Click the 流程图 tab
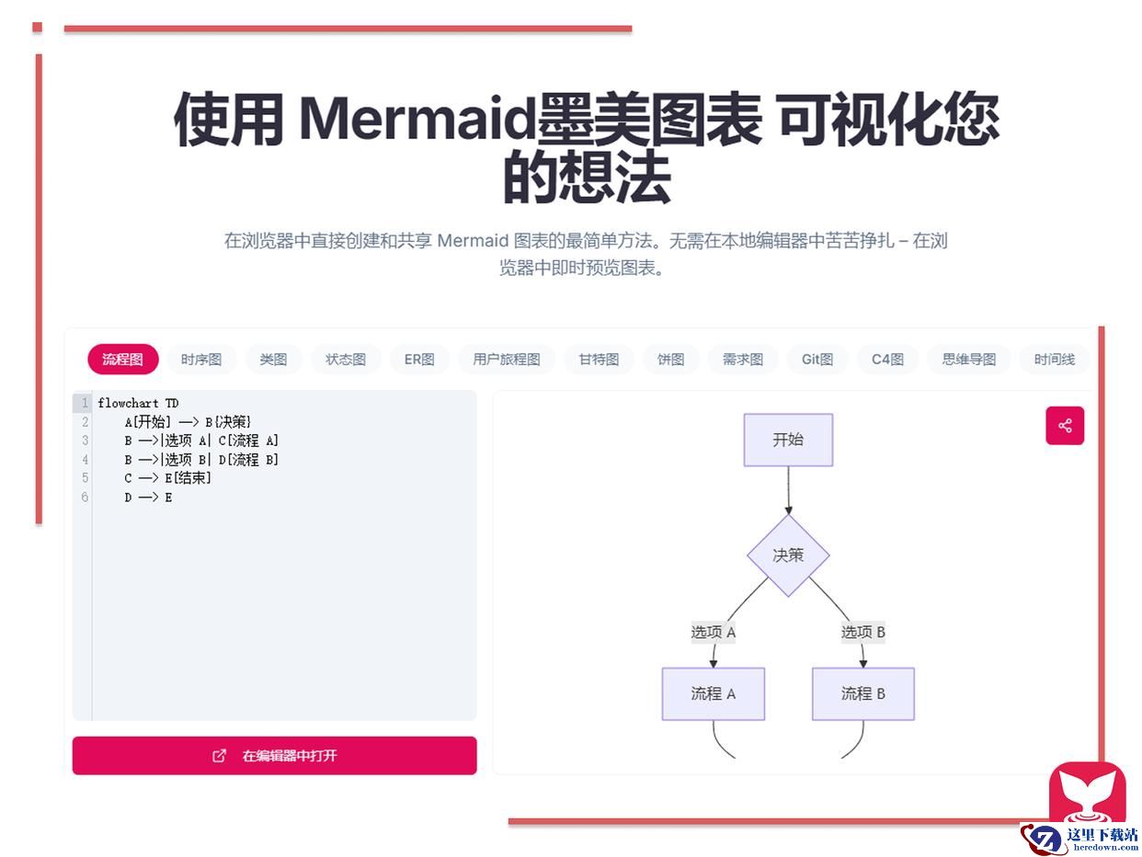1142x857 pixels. click(x=123, y=359)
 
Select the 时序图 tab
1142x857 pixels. click(x=201, y=359)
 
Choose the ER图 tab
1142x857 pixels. click(x=419, y=359)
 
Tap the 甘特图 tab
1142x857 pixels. click(x=599, y=359)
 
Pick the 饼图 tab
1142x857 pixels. click(x=670, y=359)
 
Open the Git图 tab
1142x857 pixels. click(x=817, y=359)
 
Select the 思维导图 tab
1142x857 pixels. click(x=969, y=359)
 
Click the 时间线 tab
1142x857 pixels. click(x=1054, y=359)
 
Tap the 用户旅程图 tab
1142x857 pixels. click(x=507, y=359)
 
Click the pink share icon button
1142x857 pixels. click(x=1065, y=426)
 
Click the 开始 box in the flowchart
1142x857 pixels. click(x=788, y=440)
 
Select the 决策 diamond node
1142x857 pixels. click(x=788, y=555)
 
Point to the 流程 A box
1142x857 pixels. click(x=714, y=693)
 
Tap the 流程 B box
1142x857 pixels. click(x=863, y=693)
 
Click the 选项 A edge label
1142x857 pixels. click(x=714, y=633)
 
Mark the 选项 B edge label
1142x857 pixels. click(x=863, y=633)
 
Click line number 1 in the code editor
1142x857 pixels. click(x=85, y=403)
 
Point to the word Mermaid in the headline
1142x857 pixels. click(x=417, y=119)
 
